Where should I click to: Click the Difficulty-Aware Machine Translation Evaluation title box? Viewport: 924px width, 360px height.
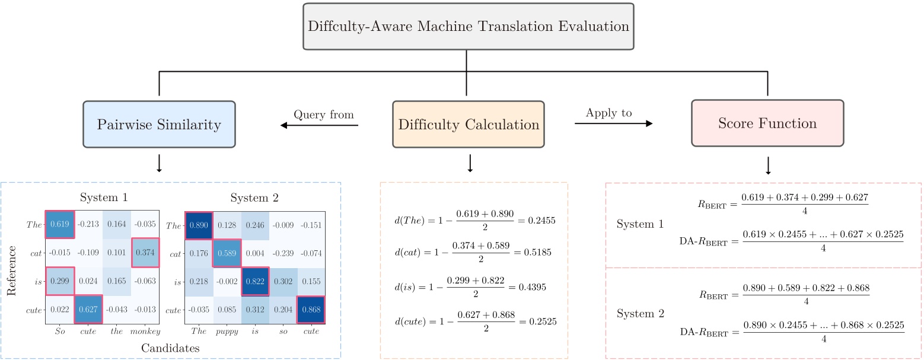point(468,27)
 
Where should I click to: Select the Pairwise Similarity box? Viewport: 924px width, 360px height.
point(160,125)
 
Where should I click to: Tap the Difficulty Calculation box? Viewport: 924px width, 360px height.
point(468,125)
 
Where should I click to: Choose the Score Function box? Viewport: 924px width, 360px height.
point(767,123)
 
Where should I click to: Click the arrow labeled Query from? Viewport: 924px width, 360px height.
point(319,125)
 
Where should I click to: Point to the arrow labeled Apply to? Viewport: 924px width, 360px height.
point(613,123)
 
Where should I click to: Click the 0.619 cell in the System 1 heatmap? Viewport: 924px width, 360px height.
point(60,225)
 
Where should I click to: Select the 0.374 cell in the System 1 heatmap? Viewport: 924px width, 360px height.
point(146,253)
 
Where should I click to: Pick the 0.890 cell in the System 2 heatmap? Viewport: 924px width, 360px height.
point(199,225)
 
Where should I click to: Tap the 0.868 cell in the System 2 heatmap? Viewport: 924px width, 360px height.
point(311,310)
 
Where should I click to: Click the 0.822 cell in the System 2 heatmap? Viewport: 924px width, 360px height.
point(255,281)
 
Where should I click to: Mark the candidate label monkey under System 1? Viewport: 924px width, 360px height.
point(146,332)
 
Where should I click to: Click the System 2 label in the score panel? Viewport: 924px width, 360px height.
point(640,313)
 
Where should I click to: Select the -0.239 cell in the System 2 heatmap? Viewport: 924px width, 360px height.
point(283,253)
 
